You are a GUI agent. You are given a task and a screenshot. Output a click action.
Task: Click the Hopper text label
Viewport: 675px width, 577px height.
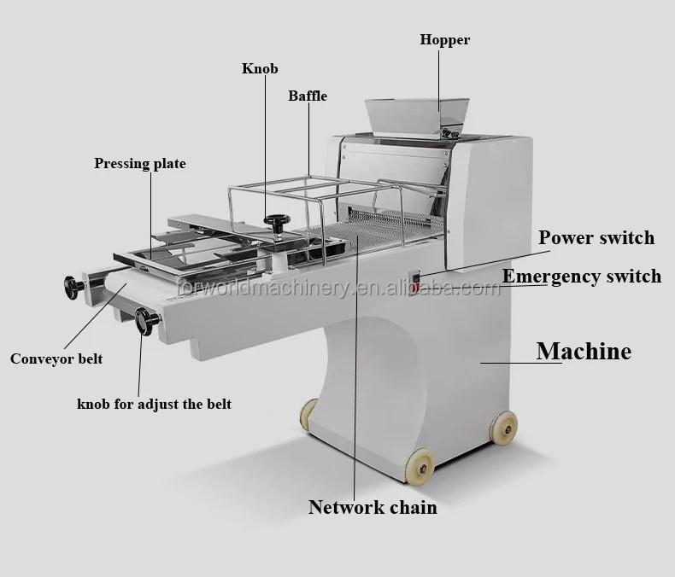click(x=444, y=39)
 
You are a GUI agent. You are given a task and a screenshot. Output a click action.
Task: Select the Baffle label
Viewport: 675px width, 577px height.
click(x=307, y=96)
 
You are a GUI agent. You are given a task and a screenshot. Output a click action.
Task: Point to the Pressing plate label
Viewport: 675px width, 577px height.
click(x=139, y=163)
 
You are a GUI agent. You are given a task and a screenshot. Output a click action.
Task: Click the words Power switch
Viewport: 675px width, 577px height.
click(x=596, y=237)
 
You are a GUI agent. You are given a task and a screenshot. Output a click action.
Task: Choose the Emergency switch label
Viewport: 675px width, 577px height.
click(x=581, y=276)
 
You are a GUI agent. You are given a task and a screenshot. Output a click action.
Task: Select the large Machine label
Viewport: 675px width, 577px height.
click(x=584, y=351)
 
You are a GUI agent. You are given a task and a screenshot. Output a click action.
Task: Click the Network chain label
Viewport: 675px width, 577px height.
click(x=373, y=507)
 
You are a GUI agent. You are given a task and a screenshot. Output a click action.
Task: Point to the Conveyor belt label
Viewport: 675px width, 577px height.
click(x=56, y=358)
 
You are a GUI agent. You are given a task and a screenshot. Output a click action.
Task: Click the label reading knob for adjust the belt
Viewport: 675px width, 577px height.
click(x=154, y=404)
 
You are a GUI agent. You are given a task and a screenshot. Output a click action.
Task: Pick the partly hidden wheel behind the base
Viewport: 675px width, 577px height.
click(x=308, y=414)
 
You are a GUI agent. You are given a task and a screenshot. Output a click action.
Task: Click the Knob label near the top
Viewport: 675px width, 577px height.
click(x=260, y=68)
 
